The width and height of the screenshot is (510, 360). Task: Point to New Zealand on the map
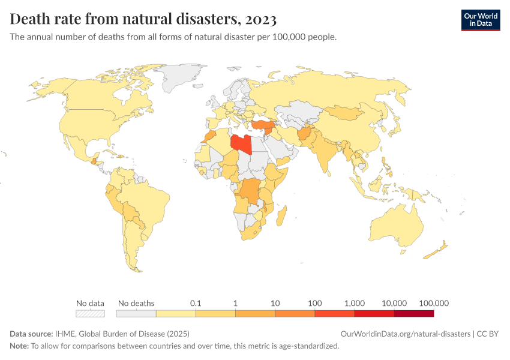(x=436, y=251)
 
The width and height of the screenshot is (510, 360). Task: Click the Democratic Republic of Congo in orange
(x=251, y=191)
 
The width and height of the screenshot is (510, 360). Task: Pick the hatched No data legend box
(x=90, y=313)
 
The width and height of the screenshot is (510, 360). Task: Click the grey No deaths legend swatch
(x=136, y=313)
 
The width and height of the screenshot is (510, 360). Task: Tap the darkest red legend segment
(x=413, y=313)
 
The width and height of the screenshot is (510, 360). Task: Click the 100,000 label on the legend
(x=434, y=303)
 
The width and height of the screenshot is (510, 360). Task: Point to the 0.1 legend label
(x=195, y=303)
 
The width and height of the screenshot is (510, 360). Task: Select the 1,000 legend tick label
(x=355, y=303)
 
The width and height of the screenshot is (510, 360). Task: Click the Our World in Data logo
(x=480, y=19)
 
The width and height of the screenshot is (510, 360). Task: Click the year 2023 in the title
(x=260, y=19)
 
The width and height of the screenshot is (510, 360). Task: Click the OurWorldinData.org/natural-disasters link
(x=405, y=334)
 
